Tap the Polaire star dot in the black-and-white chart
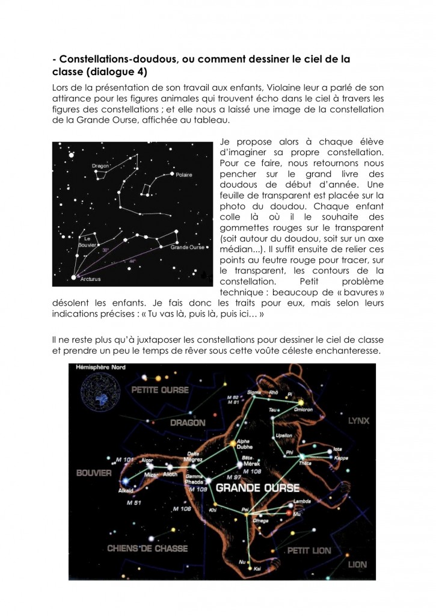point(172,174)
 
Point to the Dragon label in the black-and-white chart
point(100,165)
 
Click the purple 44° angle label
point(132,261)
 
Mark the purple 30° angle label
point(106,250)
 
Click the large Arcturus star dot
point(74,277)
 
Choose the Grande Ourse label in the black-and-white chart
point(188,247)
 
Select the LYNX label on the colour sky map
point(360,421)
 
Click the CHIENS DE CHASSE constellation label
point(148,548)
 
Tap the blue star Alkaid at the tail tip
point(124,481)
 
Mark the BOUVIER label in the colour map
point(94,473)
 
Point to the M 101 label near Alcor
point(124,460)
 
